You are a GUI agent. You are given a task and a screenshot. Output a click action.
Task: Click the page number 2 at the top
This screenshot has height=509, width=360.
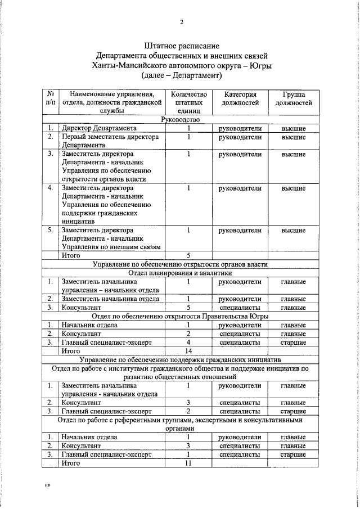pyautogui.click(x=181, y=22)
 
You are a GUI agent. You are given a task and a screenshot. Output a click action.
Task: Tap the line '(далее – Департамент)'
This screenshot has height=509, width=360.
pyautogui.click(x=181, y=75)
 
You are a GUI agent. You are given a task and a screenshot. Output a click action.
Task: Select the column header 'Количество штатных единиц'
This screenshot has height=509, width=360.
pyautogui.click(x=189, y=102)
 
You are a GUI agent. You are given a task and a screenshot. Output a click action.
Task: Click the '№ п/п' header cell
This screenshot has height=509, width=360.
pyautogui.click(x=51, y=98)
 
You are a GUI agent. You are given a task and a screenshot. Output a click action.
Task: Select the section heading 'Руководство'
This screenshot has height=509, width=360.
pyautogui.click(x=181, y=119)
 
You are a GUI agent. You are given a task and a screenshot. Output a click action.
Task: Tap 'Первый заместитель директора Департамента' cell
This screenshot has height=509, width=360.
pyautogui.click(x=110, y=141)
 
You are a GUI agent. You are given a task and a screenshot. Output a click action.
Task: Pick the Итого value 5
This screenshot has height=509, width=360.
pyautogui.click(x=189, y=255)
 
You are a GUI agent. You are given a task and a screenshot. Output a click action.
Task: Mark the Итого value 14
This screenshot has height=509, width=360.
pyautogui.click(x=189, y=350)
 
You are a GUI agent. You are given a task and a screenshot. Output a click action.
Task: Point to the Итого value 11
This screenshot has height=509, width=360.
pyautogui.click(x=189, y=463)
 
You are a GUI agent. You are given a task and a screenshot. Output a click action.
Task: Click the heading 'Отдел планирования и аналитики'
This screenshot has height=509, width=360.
pyautogui.click(x=181, y=272)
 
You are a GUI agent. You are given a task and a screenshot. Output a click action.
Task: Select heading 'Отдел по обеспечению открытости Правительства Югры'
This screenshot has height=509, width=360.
pyautogui.click(x=181, y=316)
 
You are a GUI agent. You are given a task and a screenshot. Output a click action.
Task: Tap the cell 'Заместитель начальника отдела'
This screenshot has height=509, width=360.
pyautogui.click(x=110, y=299)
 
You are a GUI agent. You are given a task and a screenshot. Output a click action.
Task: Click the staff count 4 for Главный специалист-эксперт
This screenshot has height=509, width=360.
pyautogui.click(x=189, y=342)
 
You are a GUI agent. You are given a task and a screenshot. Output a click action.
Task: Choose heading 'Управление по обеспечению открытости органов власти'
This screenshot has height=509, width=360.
pyautogui.click(x=181, y=264)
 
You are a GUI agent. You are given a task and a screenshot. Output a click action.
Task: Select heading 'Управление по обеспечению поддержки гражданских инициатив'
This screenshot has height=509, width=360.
pyautogui.click(x=181, y=359)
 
